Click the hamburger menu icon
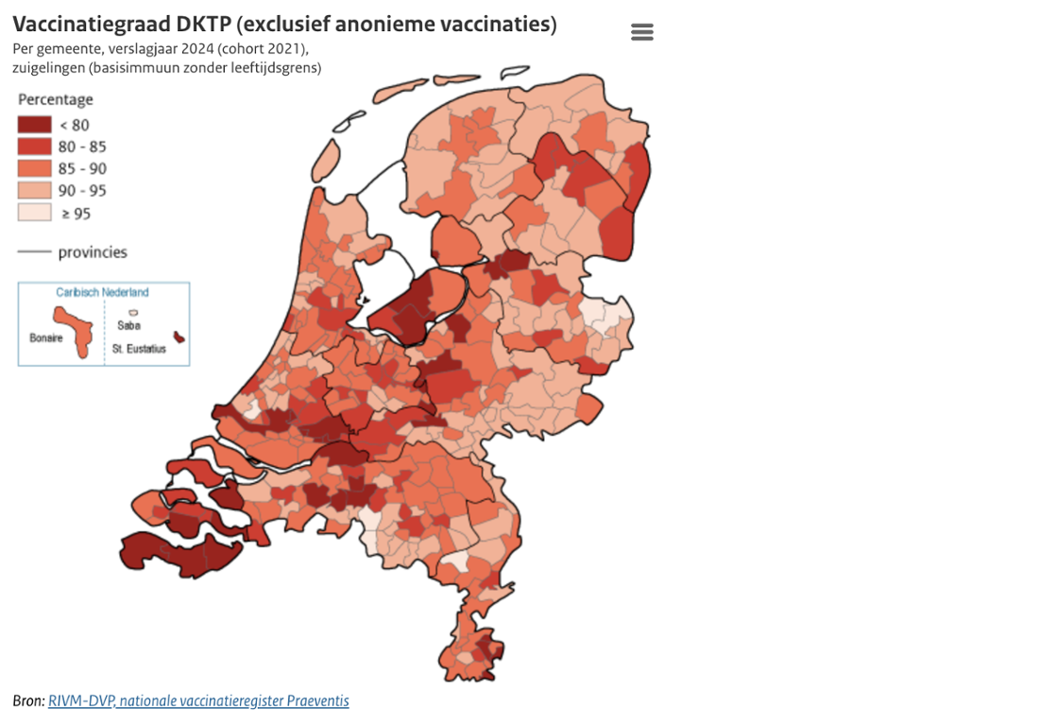pos(641,32)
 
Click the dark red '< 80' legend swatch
pos(34,125)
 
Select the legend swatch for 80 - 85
pos(34,147)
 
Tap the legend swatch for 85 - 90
pos(34,168)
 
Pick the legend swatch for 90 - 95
pos(34,190)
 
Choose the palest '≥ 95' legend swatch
pos(34,213)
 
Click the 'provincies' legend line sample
pos(34,252)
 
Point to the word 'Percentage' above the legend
pos(56,99)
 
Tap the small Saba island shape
pos(133,312)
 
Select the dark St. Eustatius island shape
pos(178,337)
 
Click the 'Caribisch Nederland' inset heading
pos(102,293)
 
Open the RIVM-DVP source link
pos(198,701)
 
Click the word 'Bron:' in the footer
pos(28,701)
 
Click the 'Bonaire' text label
pos(44,337)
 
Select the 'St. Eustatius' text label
pos(139,349)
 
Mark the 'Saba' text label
pos(128,326)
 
